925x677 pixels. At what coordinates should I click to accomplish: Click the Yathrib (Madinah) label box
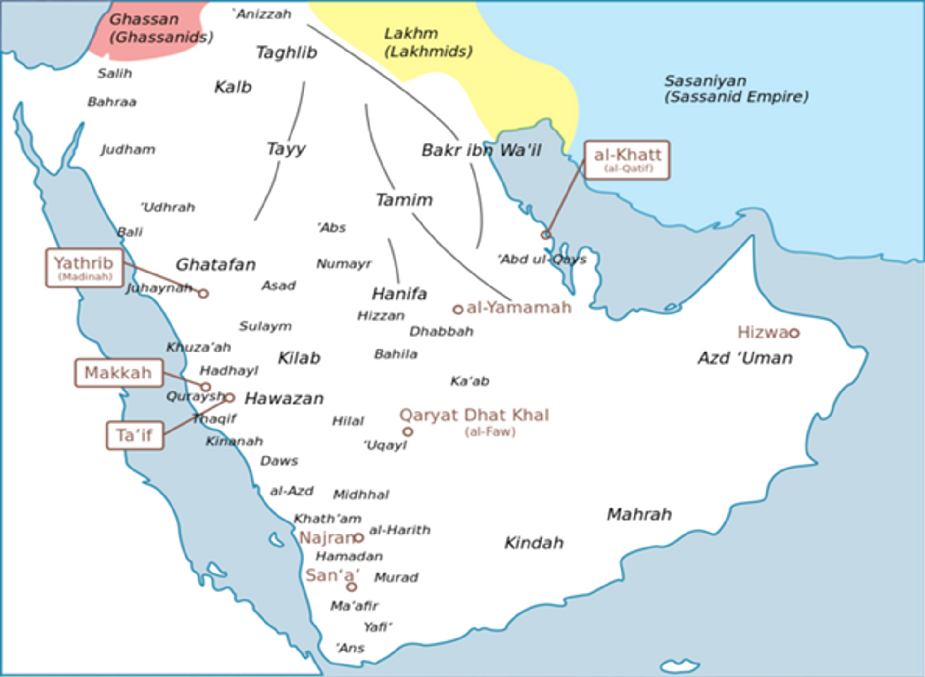point(85,268)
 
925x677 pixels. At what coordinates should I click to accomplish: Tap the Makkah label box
point(119,373)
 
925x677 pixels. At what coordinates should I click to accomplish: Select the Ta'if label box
point(135,435)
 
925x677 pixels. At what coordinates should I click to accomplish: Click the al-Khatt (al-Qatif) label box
point(627,160)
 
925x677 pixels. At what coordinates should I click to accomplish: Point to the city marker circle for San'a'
point(352,586)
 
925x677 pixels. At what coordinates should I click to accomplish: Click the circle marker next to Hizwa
point(794,333)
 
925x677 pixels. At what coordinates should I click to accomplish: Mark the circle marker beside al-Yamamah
point(458,310)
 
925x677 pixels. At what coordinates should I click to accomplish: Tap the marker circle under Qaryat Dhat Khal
point(408,431)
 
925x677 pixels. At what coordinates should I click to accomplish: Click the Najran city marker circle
point(358,537)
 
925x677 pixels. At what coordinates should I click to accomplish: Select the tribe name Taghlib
point(287,52)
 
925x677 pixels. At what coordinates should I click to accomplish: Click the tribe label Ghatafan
point(215,264)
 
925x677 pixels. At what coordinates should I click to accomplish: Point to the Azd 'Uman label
point(745,358)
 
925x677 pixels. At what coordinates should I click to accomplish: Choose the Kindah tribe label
point(534,543)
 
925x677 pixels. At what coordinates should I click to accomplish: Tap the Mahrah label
point(639,514)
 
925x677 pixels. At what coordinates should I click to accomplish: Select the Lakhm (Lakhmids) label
point(428,42)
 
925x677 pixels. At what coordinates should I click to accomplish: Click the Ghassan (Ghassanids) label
point(160,28)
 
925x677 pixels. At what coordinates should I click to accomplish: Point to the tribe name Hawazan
point(284,398)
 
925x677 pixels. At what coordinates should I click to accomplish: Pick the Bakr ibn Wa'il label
point(481,150)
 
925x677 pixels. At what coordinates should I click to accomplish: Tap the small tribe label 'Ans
point(350,648)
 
